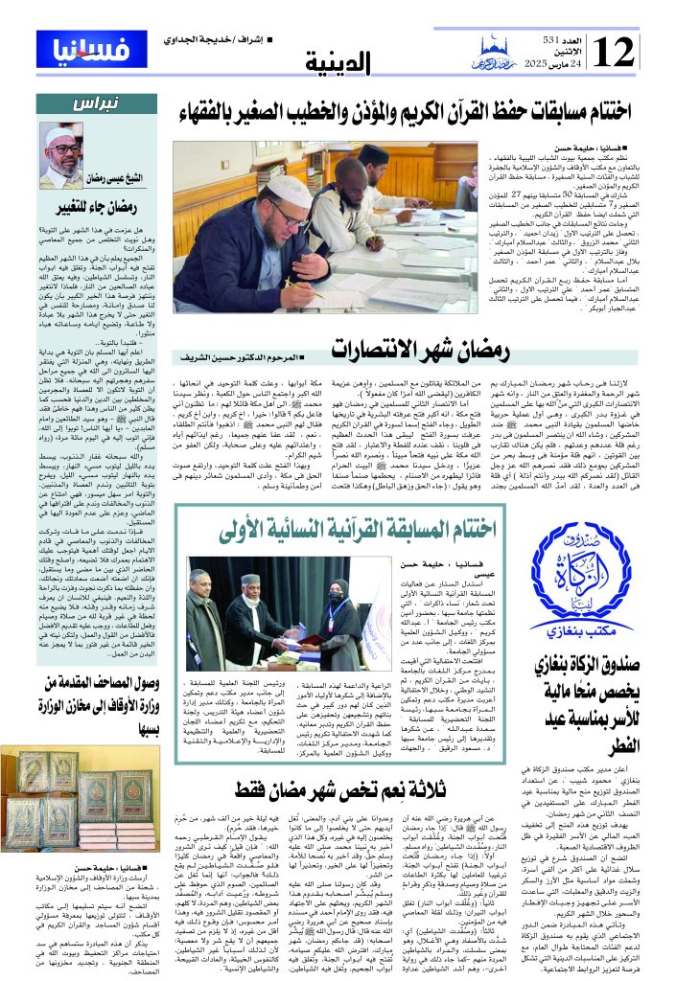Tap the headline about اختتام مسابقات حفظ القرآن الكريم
coord(401,111)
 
